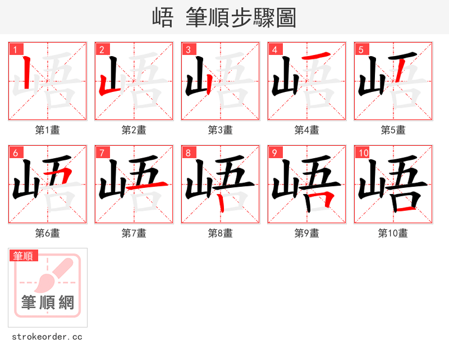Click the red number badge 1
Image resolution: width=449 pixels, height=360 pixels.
15,49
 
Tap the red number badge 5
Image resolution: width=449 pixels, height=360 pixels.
361,49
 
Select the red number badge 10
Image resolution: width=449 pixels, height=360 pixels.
362,153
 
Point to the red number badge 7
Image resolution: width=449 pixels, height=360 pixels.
102,153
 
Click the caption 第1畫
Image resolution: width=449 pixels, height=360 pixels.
47,130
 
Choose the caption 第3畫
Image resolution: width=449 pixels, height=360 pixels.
220,130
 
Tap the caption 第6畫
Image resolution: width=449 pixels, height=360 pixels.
47,233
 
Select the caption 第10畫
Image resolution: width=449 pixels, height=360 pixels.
393,233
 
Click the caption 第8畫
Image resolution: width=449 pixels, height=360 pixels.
220,233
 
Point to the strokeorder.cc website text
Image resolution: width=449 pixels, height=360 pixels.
47,337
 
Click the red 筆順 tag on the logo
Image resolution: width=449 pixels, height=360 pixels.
24,256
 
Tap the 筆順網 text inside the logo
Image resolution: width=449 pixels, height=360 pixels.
48,303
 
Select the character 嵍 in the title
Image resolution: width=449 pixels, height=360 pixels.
163,18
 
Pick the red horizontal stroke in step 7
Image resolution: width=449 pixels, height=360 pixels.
147,186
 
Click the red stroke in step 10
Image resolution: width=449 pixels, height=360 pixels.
406,209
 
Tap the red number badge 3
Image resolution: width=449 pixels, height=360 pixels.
188,49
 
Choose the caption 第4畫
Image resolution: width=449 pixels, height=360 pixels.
306,130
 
